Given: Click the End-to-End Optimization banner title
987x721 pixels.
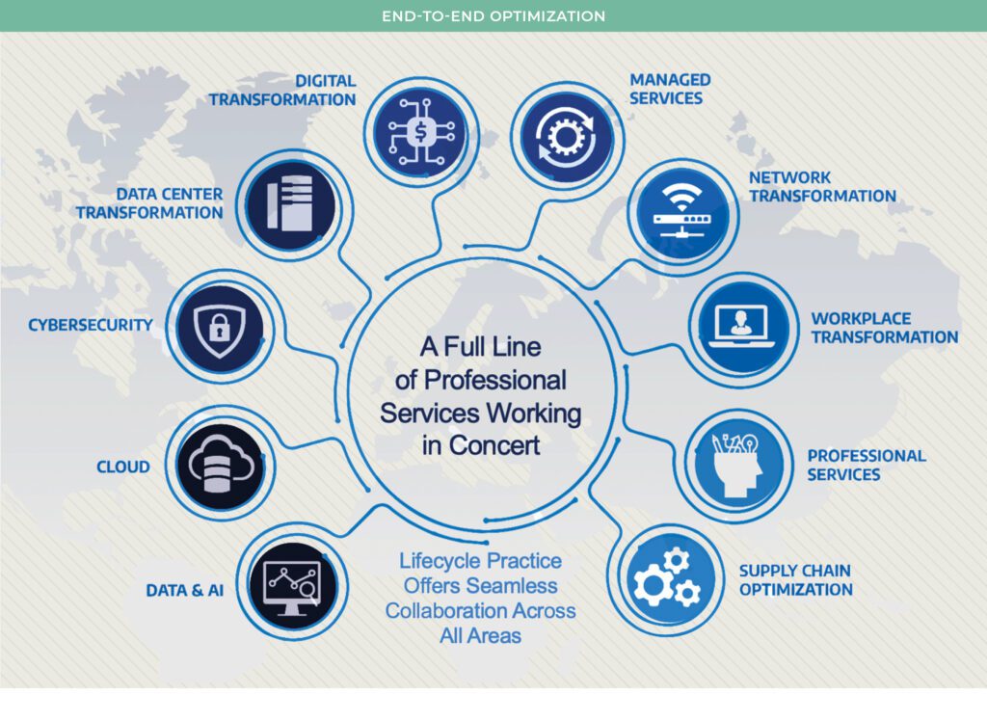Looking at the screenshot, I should coord(493,16).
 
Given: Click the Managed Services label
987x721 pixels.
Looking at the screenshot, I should coord(670,89).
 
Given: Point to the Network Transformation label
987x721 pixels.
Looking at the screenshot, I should coord(822,187).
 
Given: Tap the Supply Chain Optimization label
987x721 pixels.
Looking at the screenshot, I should coord(795,579).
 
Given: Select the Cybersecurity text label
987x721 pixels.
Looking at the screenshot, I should coord(90,325).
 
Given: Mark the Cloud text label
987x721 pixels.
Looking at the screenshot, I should coord(123,467).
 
